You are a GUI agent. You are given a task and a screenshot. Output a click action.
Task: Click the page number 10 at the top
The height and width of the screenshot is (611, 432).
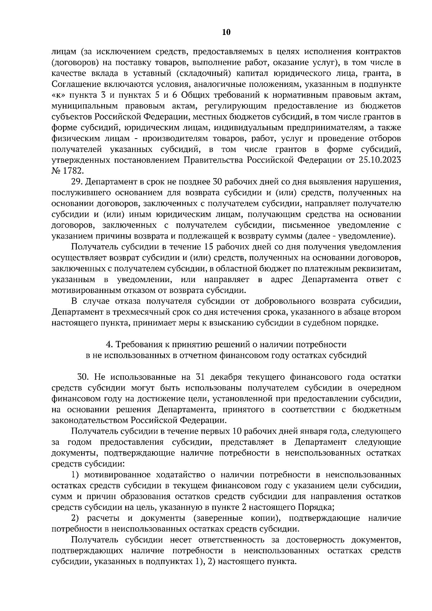[226, 32]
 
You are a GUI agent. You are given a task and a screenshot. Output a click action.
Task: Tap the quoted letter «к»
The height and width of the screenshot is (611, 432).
[58, 95]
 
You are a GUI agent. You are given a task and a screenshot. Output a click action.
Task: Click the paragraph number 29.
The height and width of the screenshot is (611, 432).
[77, 182]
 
